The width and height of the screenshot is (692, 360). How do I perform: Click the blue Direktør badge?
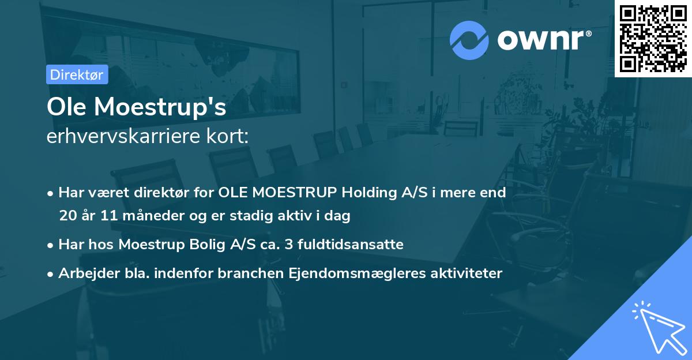pyautogui.click(x=77, y=74)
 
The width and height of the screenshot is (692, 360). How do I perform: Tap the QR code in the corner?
pyautogui.click(x=653, y=38)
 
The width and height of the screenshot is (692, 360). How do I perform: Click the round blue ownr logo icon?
pyautogui.click(x=469, y=40)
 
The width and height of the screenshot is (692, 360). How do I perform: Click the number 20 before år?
pyautogui.click(x=67, y=216)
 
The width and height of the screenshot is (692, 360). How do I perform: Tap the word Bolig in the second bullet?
pyautogui.click(x=208, y=245)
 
